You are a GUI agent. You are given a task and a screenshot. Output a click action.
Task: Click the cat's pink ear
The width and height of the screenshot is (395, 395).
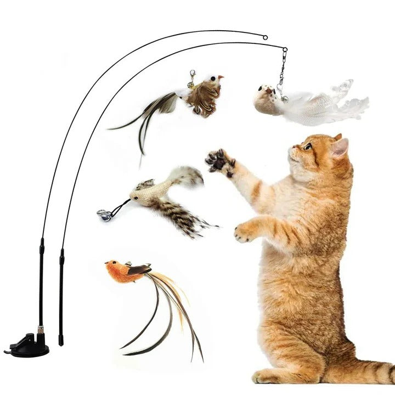340,147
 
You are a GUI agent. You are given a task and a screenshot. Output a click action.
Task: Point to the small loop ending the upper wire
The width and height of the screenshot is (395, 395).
265,37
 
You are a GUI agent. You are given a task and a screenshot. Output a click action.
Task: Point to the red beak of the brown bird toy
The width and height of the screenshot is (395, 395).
221,78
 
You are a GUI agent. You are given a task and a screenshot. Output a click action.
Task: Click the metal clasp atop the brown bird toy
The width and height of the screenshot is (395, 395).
192,79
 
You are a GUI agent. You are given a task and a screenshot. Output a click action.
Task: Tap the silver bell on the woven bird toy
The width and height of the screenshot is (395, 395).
103,215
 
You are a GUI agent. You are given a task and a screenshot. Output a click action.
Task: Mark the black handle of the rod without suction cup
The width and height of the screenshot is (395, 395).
61,296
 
